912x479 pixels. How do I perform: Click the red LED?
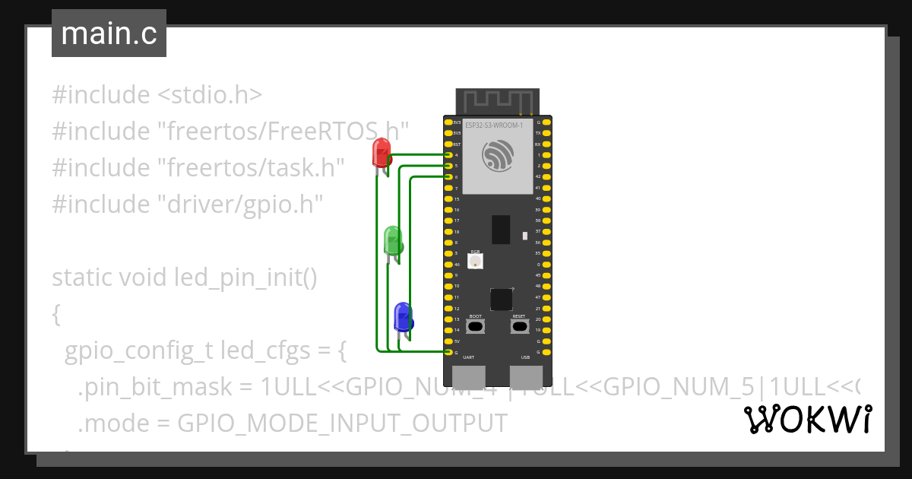[381, 153]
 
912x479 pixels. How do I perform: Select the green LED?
[393, 240]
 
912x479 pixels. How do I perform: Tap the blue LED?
[402, 316]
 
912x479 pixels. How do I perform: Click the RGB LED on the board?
[476, 261]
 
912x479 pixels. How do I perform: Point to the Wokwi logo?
[807, 419]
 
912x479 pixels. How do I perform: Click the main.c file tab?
[109, 33]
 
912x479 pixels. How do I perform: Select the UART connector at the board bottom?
[469, 377]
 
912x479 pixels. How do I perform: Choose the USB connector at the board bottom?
[526, 377]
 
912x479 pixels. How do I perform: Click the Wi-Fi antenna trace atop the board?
[497, 100]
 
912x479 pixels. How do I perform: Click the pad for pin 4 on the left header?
[447, 155]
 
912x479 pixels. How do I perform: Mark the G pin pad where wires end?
[447, 353]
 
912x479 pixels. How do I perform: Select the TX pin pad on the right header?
[548, 133]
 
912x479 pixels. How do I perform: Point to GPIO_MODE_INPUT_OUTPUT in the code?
[341, 423]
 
